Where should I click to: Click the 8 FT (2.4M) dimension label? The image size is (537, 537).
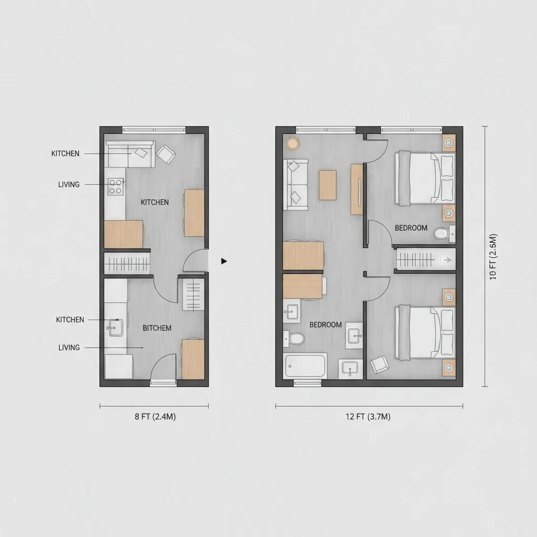154,417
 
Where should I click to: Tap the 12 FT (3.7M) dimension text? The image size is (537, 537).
368,417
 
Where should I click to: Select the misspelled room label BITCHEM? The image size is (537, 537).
157,328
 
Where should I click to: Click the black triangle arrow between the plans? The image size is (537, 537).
224,261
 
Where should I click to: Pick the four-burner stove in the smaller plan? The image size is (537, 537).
115,186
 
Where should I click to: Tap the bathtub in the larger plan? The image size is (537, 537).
306,365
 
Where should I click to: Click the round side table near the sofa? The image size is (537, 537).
292,143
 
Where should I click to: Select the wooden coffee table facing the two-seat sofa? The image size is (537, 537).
327,185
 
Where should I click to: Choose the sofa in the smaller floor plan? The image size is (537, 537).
130,153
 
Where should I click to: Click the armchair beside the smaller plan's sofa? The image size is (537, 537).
167,153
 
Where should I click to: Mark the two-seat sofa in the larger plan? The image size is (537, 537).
295,185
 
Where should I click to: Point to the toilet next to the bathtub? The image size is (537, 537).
295,338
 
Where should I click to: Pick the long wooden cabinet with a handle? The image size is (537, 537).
357,189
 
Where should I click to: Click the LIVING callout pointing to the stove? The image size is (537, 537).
69,185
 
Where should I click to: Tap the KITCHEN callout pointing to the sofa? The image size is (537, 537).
66,154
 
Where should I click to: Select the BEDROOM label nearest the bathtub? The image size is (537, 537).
325,325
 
